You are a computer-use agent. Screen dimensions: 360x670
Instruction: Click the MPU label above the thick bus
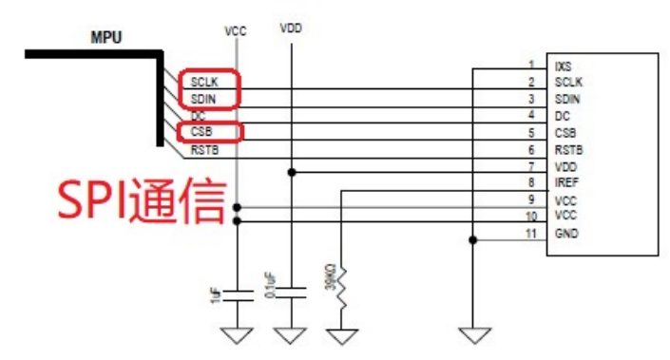coord(105,38)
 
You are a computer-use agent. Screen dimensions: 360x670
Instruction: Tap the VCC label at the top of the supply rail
coord(235,30)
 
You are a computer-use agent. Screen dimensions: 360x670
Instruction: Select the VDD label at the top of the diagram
coord(292,28)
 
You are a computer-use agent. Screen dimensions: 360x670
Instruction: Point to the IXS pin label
coord(563,65)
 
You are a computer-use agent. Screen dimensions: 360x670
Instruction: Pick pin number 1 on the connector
coord(531,65)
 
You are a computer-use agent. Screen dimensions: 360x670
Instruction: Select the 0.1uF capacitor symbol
coord(292,289)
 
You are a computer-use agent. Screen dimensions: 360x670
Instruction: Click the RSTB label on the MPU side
coord(204,150)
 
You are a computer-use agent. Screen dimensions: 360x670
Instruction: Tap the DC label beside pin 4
coord(561,116)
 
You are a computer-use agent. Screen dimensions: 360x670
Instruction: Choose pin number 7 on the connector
coord(531,166)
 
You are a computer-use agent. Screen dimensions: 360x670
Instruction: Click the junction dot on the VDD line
coord(292,172)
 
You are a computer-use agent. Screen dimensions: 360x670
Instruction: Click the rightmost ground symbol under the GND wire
coord(472,334)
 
